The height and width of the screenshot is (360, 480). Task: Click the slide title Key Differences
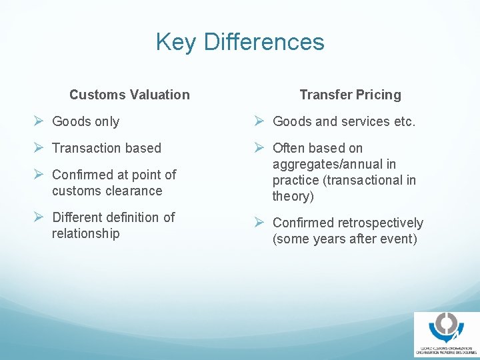pos(240,42)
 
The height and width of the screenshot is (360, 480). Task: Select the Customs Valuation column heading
pos(129,95)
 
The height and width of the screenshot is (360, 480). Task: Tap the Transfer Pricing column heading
pos(350,95)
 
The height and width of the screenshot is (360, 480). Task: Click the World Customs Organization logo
pos(446,334)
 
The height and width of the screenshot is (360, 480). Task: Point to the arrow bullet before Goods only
pos(39,121)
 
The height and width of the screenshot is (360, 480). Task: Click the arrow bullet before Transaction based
pos(39,148)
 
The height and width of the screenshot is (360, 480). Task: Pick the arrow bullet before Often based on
pos(260,148)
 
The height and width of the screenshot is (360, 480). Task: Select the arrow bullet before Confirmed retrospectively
pos(260,223)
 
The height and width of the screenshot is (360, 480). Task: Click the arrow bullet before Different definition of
pos(39,217)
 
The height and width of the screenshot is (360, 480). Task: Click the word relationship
pos(86,233)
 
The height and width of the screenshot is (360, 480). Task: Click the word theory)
pos(293,196)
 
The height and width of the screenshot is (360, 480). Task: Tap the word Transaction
pos(86,148)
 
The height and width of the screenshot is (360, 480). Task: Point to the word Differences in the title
pos(264,42)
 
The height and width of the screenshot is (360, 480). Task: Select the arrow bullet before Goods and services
pos(260,121)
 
